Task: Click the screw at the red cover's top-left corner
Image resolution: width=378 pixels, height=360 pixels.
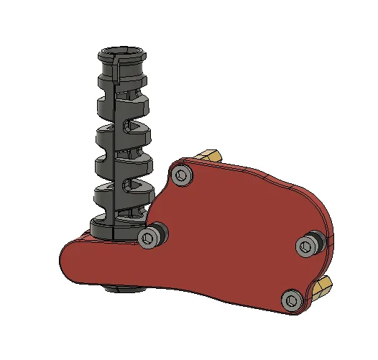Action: point(181,174)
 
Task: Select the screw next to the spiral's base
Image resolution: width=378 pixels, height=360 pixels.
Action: point(149,238)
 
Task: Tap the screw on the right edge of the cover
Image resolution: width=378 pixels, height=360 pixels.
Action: point(308,246)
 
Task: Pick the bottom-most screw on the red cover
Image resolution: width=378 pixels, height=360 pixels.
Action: point(292,300)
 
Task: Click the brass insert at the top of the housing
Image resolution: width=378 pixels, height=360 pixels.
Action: point(210,156)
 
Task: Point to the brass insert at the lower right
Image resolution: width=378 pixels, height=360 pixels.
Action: point(323,287)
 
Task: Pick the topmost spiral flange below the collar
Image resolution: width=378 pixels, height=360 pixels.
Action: point(122,104)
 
